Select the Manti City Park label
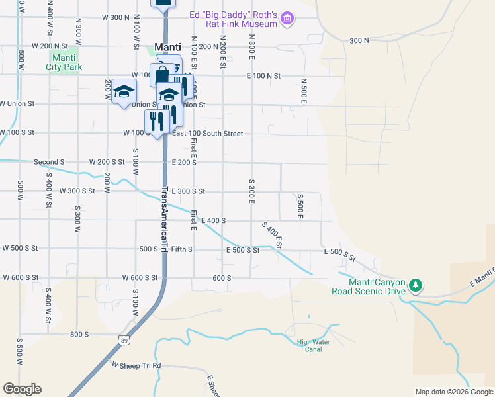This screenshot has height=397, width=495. tap(64, 62)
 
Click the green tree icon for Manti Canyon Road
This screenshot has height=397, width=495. tap(415, 285)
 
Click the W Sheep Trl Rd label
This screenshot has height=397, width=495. tap(136, 365)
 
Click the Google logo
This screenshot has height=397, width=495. tap(22, 389)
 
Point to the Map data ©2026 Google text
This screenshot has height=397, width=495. tap(453, 392)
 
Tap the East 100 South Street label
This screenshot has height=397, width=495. tap(207, 134)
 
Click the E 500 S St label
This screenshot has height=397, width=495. tap(242, 250)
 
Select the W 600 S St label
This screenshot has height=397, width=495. tap(138, 278)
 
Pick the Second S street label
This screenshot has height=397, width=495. tap(49, 162)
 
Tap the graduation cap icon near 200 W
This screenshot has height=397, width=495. tap(124, 91)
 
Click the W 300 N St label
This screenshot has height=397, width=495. tap(118, 17)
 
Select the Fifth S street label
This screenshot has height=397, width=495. tap(181, 249)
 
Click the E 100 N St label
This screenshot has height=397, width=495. tap(264, 76)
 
